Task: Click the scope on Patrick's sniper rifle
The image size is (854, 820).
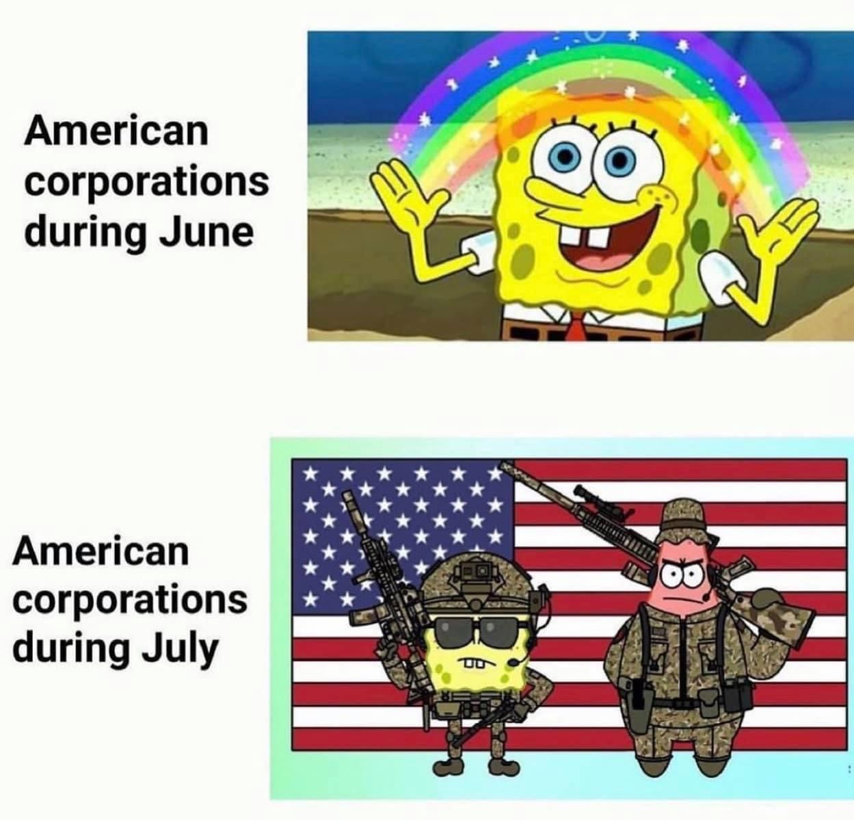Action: [604, 501]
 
